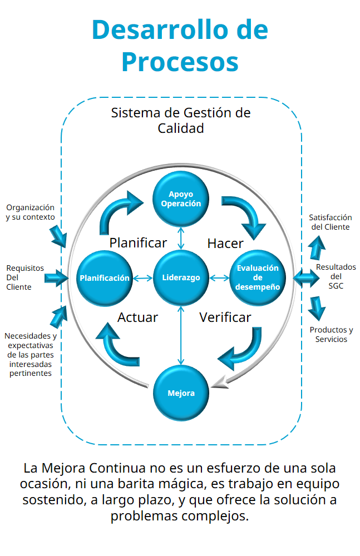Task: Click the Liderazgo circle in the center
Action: [x=181, y=277]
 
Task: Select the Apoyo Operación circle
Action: [x=181, y=199]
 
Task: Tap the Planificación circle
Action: [x=104, y=277]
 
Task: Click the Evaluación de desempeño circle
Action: [x=258, y=277]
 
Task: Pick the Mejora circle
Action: [x=181, y=393]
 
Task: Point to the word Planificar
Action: [x=138, y=243]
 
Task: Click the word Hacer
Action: [x=225, y=243]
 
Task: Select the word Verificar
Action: [x=225, y=317]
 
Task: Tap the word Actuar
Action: [x=137, y=317]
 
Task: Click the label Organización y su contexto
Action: [x=30, y=212]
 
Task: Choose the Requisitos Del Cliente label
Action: [x=24, y=277]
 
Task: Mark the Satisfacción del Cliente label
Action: [x=331, y=222]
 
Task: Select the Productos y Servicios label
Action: [x=331, y=334]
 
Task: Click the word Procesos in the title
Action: [x=180, y=61]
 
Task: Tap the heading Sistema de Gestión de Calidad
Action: [x=181, y=120]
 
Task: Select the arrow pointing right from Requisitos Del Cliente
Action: [x=56, y=277]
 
